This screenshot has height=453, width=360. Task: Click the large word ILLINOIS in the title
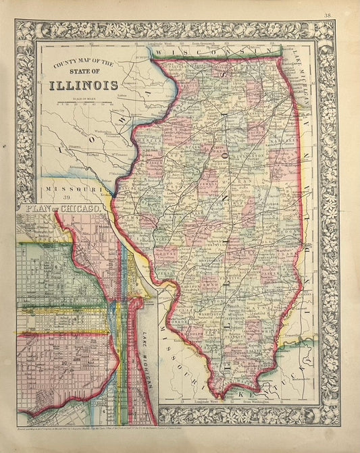tap(83, 85)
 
